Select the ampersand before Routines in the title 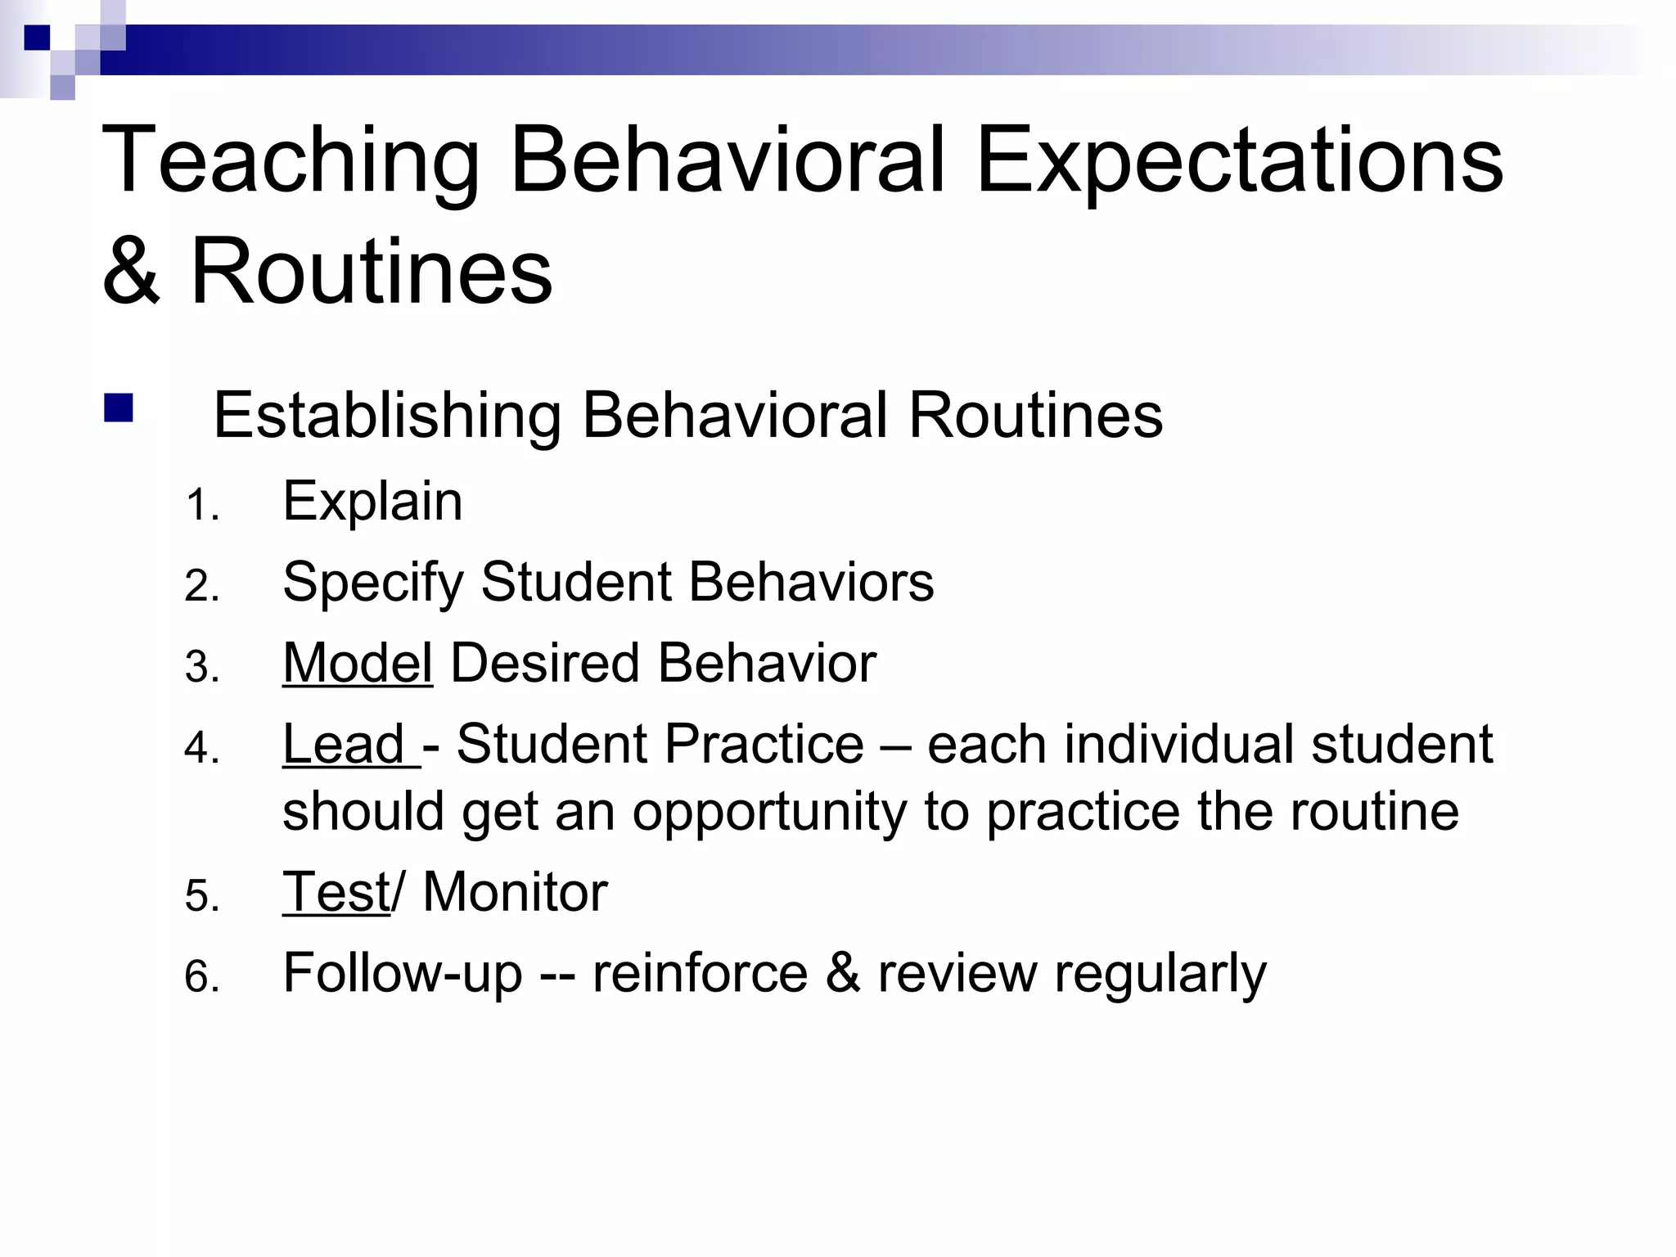[x=131, y=271]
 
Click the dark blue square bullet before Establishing [x=119, y=408]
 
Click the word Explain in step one [x=372, y=501]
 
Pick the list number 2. [x=201, y=586]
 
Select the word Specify [x=372, y=583]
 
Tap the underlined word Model [x=357, y=663]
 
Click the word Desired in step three [x=545, y=663]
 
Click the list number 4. [x=201, y=748]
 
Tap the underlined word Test [x=336, y=891]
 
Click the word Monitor [x=515, y=891]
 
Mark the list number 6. [x=201, y=977]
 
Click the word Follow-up [x=402, y=974]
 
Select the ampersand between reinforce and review [x=842, y=974]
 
